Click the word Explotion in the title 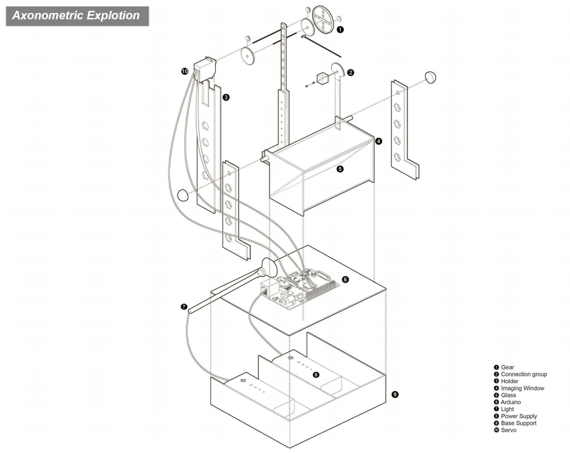point(113,15)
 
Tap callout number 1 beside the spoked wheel point(340,30)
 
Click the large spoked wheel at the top point(323,20)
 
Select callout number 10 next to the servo point(184,71)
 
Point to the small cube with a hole point(322,79)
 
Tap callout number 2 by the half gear point(350,73)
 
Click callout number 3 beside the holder point(226,97)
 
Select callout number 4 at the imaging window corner point(378,141)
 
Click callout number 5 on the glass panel point(340,169)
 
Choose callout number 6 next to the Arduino point(345,279)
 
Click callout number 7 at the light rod point(184,307)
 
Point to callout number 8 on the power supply point(316,374)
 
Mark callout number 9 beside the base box point(395,394)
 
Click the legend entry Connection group point(523,374)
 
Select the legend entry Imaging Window point(522,388)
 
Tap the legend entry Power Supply point(519,416)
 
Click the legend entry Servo point(508,430)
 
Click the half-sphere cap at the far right point(430,77)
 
